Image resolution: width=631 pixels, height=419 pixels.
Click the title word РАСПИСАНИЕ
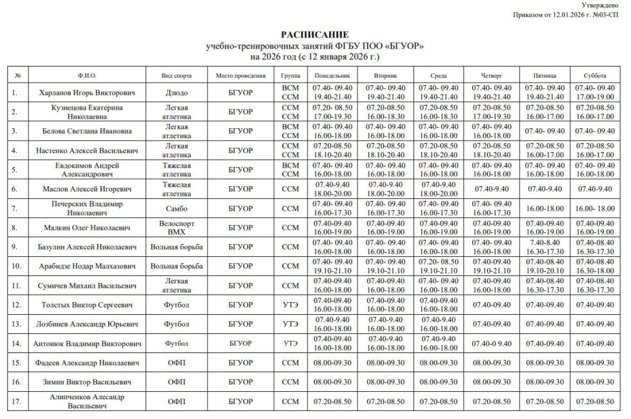coord(315,35)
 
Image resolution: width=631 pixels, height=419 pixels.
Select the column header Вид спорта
coord(176,75)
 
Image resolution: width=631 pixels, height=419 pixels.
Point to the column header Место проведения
coord(240,75)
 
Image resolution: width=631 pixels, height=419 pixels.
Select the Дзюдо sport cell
coord(176,93)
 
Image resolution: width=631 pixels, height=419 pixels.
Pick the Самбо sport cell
coord(176,208)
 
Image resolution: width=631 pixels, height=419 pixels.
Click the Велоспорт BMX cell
coord(176,228)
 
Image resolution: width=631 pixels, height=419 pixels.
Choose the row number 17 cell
coord(17,402)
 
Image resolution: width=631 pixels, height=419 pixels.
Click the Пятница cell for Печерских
coord(545,208)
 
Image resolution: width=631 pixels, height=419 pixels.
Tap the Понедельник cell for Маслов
coord(333,189)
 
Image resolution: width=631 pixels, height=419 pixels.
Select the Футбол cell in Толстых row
coord(176,305)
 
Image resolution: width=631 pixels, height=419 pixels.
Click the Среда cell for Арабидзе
coord(438,266)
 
